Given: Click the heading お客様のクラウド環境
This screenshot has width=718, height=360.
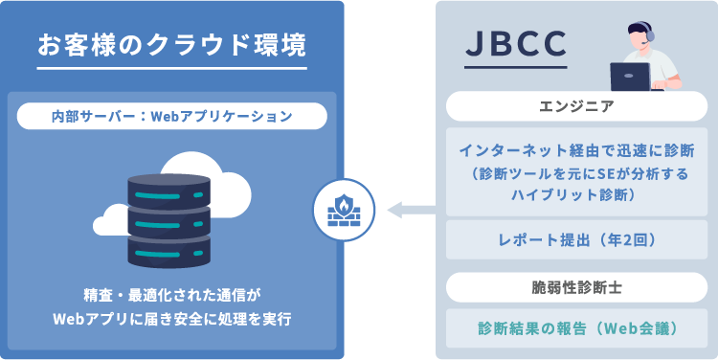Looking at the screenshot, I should click(171, 44).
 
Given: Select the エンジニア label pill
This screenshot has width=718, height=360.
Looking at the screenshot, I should click(577, 105).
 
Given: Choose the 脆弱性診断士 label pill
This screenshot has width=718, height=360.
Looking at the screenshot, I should click(577, 286).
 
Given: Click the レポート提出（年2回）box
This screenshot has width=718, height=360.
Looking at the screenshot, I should click(577, 240).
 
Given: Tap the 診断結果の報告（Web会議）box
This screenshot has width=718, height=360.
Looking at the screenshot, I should click(577, 327).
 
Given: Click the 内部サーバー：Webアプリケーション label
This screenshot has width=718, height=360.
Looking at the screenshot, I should click(171, 116).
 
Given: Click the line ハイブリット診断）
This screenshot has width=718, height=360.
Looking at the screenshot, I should click(577, 194).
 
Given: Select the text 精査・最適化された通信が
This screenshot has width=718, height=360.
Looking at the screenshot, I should click(171, 295).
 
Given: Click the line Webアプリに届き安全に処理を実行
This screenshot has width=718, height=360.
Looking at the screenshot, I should click(171, 317).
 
